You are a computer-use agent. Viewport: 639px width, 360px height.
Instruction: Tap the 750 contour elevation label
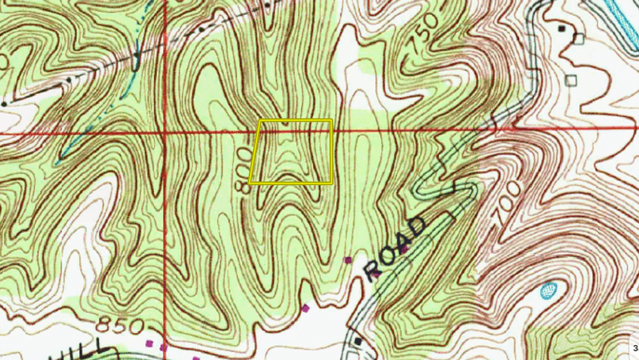[x=423, y=34]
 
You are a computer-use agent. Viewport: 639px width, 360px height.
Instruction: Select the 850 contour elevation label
[x=122, y=325]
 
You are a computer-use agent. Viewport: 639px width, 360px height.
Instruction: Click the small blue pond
[x=549, y=290]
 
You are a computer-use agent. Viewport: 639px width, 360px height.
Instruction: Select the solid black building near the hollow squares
[x=561, y=28]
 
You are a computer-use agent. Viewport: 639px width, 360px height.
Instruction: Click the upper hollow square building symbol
[x=579, y=38]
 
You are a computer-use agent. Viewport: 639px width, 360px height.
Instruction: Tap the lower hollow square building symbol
[x=571, y=79]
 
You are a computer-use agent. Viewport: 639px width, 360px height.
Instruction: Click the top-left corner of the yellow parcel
[x=261, y=121]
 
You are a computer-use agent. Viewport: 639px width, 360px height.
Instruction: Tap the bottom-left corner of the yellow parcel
[x=251, y=183]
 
